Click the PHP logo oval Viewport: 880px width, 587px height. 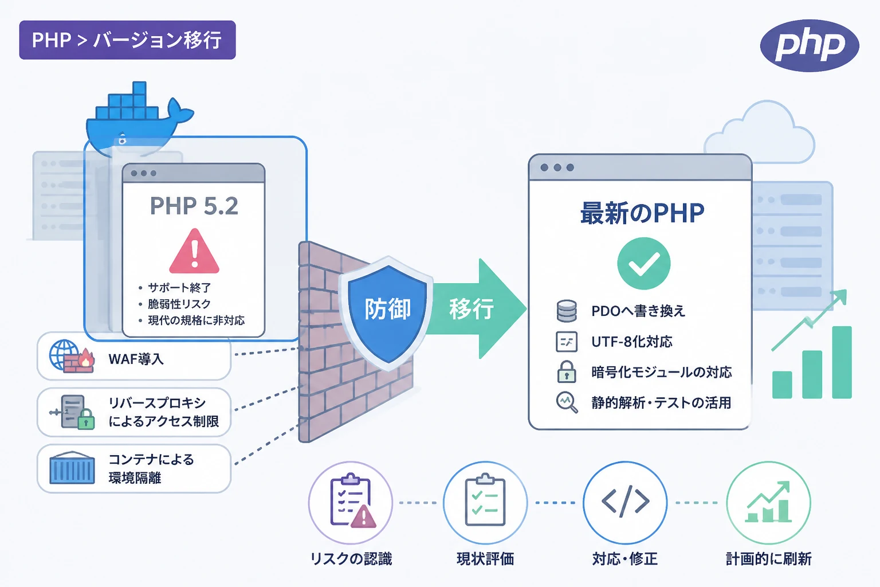810,46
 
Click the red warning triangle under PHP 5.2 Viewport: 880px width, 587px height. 194,251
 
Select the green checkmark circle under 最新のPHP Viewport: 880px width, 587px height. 643,264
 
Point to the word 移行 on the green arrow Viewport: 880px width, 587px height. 472,309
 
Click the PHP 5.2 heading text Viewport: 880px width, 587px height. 194,206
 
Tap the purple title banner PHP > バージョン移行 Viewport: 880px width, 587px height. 127,40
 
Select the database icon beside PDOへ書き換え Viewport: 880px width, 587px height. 567,311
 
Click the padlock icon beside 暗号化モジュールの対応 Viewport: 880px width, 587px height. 567,371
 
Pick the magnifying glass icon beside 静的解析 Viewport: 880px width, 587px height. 567,402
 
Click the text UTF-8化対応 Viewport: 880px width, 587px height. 632,342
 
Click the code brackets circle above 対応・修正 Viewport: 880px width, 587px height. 625,503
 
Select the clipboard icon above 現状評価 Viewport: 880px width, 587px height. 485,500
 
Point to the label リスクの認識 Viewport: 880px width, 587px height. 351,559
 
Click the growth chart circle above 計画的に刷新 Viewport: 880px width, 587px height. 768,503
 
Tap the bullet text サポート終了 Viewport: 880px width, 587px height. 179,288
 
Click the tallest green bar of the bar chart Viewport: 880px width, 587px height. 842,362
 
